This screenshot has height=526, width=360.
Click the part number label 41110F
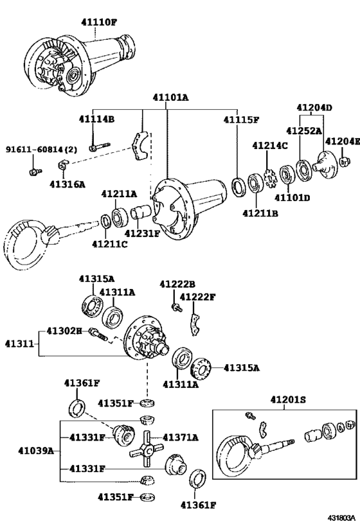(99, 22)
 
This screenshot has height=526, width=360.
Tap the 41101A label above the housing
(170, 98)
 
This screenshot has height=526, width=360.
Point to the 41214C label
(270, 145)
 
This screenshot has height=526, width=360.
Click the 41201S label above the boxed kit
(288, 399)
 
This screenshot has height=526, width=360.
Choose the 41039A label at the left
(36, 450)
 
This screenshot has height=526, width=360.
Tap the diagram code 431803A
(341, 517)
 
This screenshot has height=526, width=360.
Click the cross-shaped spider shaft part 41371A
(147, 449)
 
